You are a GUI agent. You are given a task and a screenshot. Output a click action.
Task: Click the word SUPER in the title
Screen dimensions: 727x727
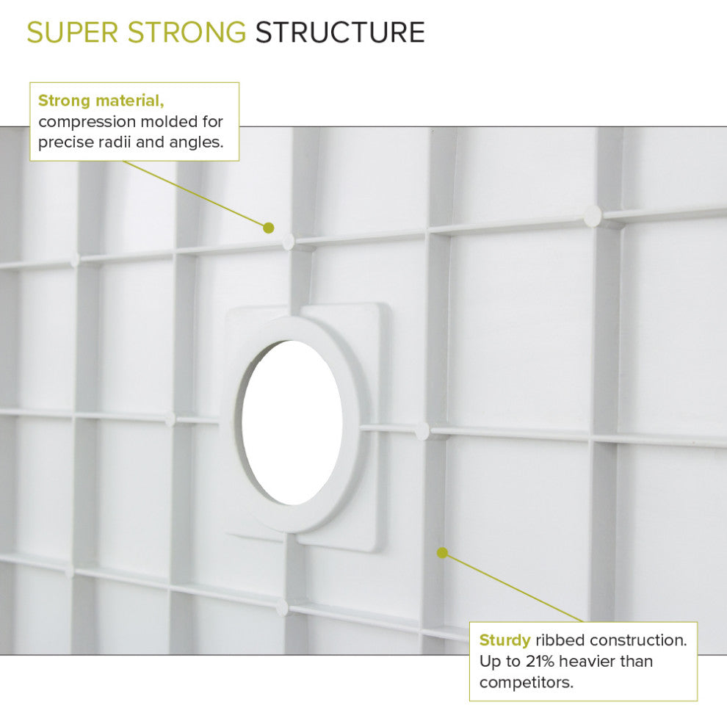click(70, 32)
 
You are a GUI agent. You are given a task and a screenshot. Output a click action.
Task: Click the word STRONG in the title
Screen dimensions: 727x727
click(185, 32)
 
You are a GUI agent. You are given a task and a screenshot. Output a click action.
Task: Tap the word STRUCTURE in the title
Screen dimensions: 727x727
click(340, 32)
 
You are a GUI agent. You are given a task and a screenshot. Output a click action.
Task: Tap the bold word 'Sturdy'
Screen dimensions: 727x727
click(504, 640)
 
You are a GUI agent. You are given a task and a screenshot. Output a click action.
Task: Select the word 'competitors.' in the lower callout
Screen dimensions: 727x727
click(526, 682)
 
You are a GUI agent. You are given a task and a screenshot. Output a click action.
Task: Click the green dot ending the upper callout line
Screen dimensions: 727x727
click(269, 228)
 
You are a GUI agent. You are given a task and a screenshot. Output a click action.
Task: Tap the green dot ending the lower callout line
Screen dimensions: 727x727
click(442, 552)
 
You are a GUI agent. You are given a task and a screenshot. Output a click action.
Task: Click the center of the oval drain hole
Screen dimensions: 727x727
click(292, 423)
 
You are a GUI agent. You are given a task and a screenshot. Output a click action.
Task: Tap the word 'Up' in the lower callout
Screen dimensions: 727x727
click(490, 661)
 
